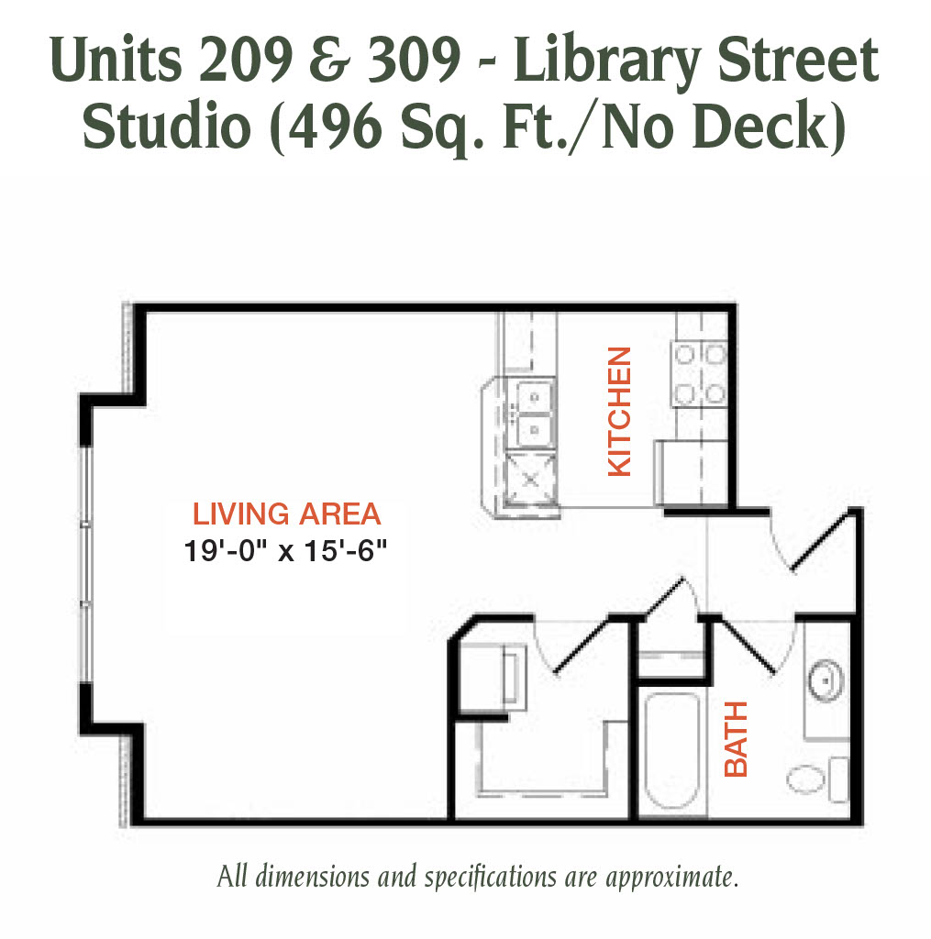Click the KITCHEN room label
click(x=620, y=412)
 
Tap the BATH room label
click(x=737, y=739)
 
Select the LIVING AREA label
click(x=287, y=514)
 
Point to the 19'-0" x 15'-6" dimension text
click(x=285, y=551)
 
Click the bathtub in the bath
click(x=672, y=751)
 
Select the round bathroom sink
click(x=826, y=681)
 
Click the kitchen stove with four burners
click(x=700, y=374)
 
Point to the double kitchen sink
click(x=530, y=414)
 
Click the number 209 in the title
click(x=246, y=60)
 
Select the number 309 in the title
click(x=414, y=60)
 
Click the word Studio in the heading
click(x=167, y=126)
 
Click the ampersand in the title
click(x=330, y=60)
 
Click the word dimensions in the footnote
click(x=312, y=876)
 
